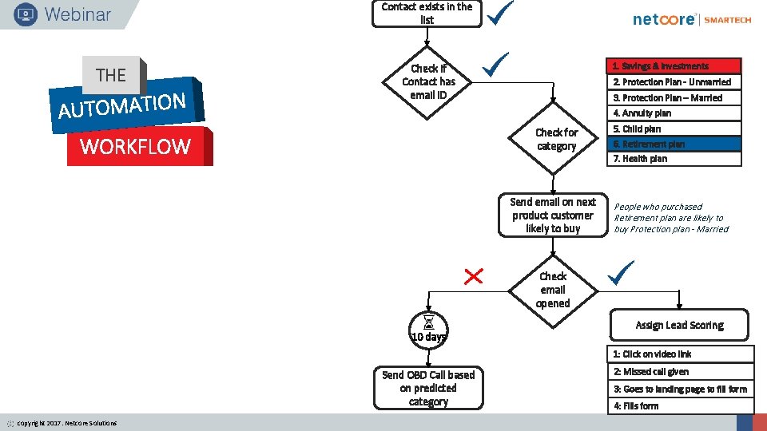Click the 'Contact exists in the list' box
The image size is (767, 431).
tap(427, 14)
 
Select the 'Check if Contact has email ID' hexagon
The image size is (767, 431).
tap(428, 81)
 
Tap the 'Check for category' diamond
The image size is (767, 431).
tap(556, 139)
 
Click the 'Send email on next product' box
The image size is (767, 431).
tap(552, 215)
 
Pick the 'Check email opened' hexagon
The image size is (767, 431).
tap(553, 290)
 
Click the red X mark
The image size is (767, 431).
tap(474, 276)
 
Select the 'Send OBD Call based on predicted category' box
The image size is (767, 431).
tap(428, 388)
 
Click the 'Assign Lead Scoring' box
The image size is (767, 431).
tap(679, 326)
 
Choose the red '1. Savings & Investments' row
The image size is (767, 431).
tap(676, 66)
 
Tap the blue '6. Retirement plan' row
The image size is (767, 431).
tap(676, 144)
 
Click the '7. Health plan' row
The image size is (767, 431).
tap(676, 159)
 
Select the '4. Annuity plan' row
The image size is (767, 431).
tap(676, 113)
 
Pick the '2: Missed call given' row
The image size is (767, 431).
tap(682, 372)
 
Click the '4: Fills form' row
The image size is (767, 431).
tap(682, 406)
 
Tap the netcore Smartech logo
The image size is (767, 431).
tap(692, 20)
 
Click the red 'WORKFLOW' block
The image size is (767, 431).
tap(137, 147)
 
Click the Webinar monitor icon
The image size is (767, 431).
tap(25, 14)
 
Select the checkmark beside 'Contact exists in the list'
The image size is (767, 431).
tap(501, 13)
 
